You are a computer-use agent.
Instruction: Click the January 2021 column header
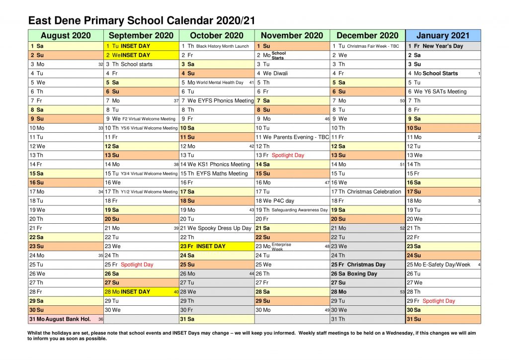pos(443,35)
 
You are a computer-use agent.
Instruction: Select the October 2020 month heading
pos(217,35)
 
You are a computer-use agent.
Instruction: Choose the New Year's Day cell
pos(442,46)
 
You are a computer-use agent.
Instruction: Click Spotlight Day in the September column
pos(137,265)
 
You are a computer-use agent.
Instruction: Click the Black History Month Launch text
pos(222,46)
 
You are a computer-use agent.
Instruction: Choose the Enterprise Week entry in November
pos(281,247)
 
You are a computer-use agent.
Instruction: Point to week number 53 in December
pos(402,292)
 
